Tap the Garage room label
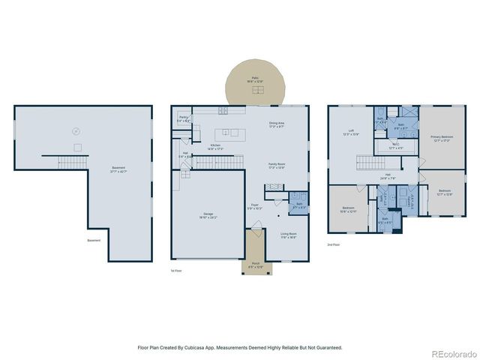click(x=208, y=217)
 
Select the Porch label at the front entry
click(x=255, y=266)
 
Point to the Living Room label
click(x=289, y=235)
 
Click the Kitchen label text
click(x=215, y=147)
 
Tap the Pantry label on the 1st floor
click(x=183, y=118)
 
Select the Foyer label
click(x=255, y=205)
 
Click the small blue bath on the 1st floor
click(x=298, y=204)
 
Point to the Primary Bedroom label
click(x=441, y=138)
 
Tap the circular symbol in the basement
click(x=75, y=131)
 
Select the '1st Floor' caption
click(x=176, y=270)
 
